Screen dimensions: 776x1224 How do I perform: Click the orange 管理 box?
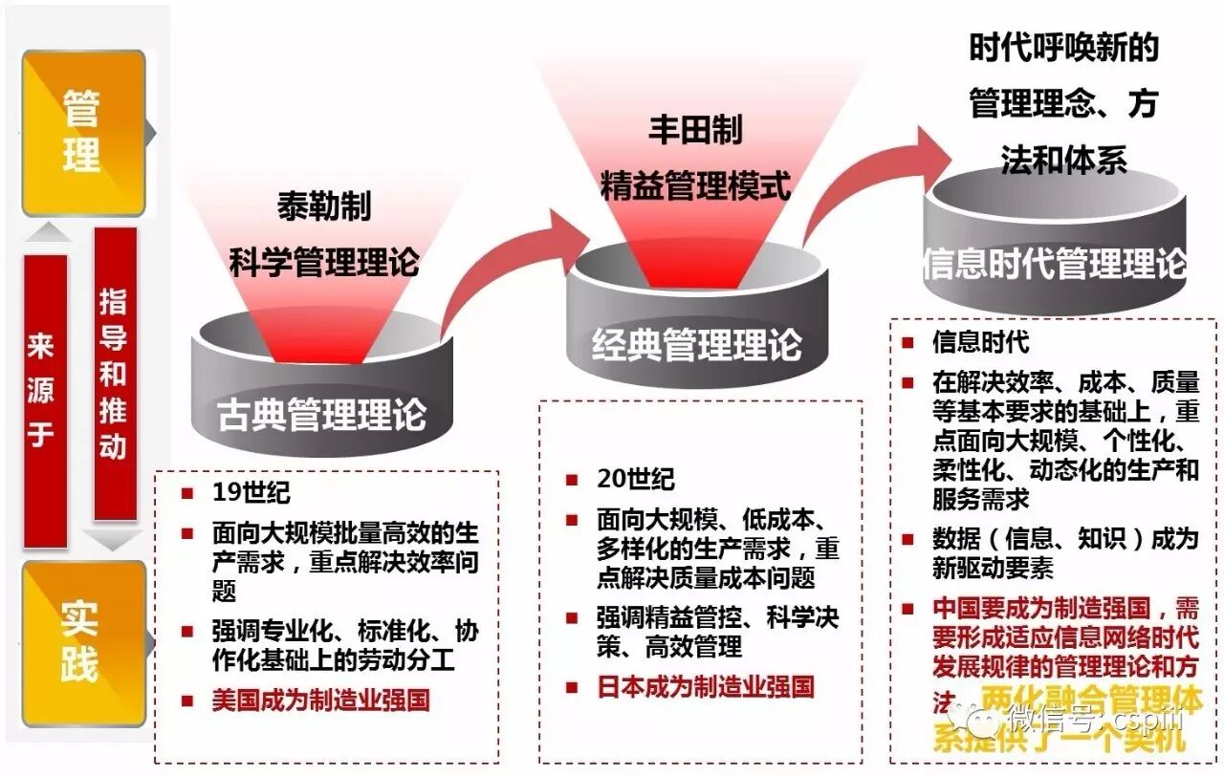(83, 132)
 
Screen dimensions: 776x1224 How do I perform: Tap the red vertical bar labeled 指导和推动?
(114, 374)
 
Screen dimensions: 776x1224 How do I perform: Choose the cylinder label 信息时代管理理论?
(1055, 264)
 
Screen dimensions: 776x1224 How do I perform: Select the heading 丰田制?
(695, 129)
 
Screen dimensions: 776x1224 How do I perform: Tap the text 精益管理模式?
(695, 184)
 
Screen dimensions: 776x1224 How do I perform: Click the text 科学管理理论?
(323, 260)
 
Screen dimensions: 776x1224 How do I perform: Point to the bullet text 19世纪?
(251, 493)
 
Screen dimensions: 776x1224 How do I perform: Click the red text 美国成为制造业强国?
(320, 700)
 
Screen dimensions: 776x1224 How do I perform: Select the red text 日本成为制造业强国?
(705, 685)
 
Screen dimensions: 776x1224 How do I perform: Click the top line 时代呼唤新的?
(1063, 48)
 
